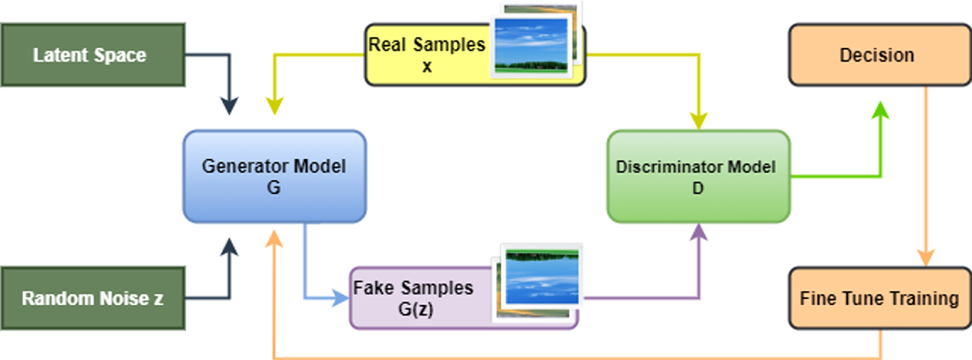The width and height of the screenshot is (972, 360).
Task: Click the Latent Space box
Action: click(x=93, y=55)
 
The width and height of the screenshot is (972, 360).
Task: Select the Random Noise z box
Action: click(x=93, y=298)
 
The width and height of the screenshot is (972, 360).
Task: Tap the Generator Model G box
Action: click(x=274, y=177)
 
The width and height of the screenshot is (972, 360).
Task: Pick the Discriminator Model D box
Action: click(x=698, y=177)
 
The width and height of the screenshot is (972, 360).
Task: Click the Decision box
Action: click(x=879, y=55)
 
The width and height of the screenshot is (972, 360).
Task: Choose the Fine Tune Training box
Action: click(x=879, y=298)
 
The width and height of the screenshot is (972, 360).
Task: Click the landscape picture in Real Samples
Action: click(x=531, y=45)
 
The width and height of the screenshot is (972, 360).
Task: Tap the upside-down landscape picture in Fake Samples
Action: click(x=542, y=276)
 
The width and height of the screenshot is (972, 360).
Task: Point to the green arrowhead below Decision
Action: click(x=881, y=110)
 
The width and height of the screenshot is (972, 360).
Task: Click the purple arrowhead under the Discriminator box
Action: click(x=699, y=232)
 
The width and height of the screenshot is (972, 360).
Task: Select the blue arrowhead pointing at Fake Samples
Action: click(x=340, y=298)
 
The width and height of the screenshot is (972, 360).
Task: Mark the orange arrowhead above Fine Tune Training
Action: click(x=925, y=257)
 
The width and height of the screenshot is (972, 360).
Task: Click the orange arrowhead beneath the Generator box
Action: click(x=274, y=238)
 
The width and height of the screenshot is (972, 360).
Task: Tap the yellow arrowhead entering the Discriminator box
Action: click(x=699, y=120)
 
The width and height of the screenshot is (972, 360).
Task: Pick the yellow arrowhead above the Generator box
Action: click(x=274, y=106)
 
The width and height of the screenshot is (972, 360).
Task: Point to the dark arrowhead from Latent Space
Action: click(x=229, y=106)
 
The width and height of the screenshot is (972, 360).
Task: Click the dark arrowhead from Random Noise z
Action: click(x=229, y=247)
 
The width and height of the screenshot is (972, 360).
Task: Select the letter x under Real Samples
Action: click(x=427, y=66)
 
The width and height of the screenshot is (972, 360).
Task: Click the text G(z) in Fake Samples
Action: click(x=415, y=309)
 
